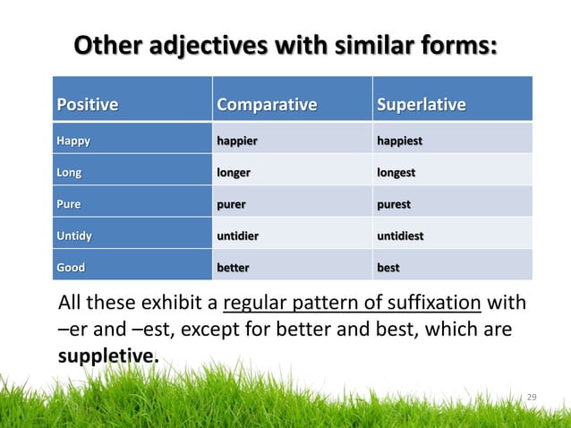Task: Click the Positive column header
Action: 88,106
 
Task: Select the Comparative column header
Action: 267,106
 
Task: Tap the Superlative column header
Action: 422,106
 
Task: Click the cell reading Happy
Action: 73,141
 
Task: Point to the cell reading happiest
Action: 400,141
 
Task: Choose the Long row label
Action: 71,172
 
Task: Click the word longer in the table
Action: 234,172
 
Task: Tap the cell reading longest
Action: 396,172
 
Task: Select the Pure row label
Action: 69,204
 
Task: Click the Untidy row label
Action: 74,236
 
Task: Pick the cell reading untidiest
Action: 402,236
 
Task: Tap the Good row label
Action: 72,268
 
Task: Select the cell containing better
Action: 234,268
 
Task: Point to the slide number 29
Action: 532,397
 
